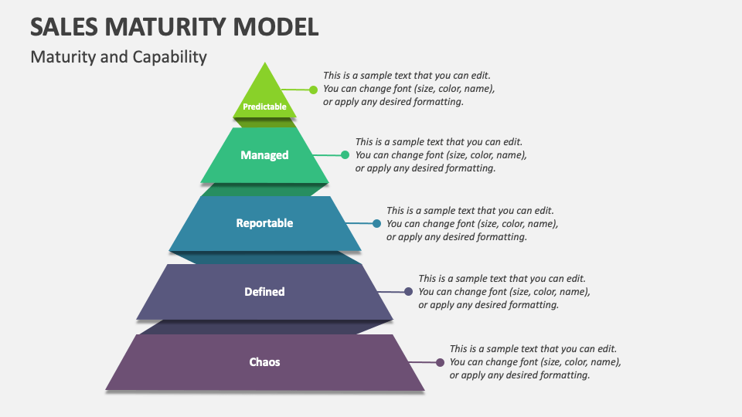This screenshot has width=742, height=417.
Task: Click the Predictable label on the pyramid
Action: point(264,107)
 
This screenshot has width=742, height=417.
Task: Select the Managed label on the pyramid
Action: point(264,155)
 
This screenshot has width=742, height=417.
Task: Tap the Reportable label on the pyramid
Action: point(264,223)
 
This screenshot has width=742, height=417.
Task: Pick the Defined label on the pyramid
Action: point(264,292)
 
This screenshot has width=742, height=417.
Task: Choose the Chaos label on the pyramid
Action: point(264,361)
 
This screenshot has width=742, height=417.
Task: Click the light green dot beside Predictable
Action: point(313,90)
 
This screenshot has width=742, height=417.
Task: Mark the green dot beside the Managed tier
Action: point(345,155)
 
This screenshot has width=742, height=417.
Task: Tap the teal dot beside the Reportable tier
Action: point(376,223)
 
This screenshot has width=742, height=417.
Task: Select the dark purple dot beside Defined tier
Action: point(408,292)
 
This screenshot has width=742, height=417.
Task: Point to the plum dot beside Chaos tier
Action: point(440,362)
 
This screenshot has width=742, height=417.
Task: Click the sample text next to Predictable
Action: point(408,89)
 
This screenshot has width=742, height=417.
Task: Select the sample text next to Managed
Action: point(441,155)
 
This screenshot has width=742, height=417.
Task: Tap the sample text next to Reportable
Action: point(471,223)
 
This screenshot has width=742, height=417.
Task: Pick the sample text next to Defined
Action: point(504,291)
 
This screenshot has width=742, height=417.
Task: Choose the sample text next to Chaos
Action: point(535,362)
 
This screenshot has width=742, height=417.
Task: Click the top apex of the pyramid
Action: point(265,64)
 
